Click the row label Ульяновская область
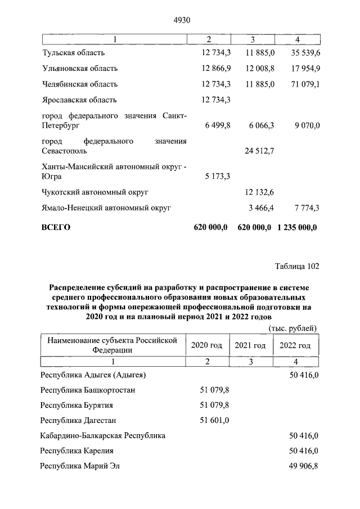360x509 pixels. click(79, 69)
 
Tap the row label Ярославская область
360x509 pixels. click(79, 100)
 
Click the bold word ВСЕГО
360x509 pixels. click(57, 228)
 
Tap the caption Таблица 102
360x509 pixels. click(296, 266)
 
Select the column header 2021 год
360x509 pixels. click(250, 345)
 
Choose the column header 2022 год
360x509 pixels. click(294, 345)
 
